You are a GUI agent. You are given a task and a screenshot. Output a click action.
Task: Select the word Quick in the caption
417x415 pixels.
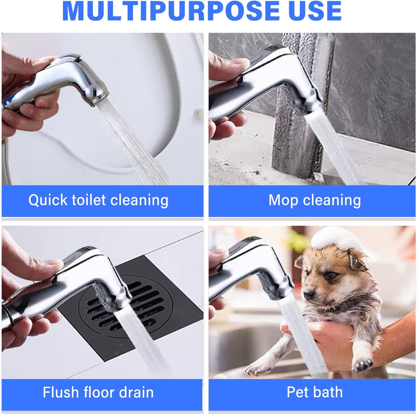tap(48, 200)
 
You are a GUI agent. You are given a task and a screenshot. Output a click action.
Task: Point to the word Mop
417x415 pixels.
tap(283, 201)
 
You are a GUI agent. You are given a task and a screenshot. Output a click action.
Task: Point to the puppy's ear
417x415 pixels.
tap(355, 261)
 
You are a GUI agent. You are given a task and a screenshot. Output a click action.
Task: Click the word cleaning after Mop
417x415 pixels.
tap(332, 201)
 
